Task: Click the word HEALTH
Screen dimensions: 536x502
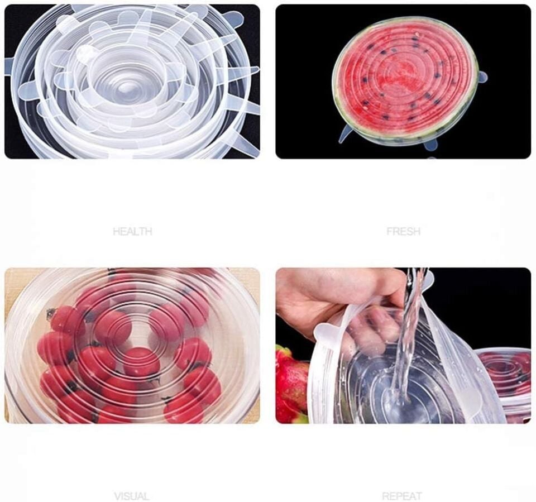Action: pos(132,232)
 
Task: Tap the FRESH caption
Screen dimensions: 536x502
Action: pos(403,232)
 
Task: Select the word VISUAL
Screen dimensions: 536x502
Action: pos(132,496)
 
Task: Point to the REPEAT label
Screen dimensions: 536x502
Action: pos(402,496)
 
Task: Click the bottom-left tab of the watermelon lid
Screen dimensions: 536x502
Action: pos(344,134)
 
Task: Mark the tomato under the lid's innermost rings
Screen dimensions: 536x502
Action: pos(141,362)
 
